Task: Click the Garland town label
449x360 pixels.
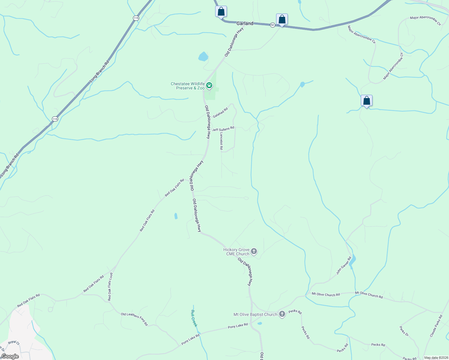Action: (x=245, y=23)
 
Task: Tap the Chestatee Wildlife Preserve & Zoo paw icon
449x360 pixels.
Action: (x=209, y=85)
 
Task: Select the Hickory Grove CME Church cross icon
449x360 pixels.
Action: (x=254, y=251)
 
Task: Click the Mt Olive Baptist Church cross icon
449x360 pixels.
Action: (x=282, y=314)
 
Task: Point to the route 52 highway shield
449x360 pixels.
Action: (x=272, y=25)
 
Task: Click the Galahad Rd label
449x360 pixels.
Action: (x=220, y=113)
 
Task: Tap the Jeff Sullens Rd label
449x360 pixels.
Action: (x=223, y=129)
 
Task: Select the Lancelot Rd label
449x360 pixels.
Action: (x=221, y=141)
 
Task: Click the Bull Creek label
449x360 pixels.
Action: (x=194, y=318)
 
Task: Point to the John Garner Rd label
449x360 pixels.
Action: (x=344, y=265)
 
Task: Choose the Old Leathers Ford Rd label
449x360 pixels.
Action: (x=134, y=319)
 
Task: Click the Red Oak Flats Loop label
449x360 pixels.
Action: (x=110, y=286)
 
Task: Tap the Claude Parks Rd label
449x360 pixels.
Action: (x=436, y=325)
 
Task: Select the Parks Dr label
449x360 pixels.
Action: (x=404, y=331)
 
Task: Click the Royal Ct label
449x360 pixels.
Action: (x=14, y=342)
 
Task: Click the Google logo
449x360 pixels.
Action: (x=10, y=356)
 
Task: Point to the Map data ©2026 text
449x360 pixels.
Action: (x=436, y=358)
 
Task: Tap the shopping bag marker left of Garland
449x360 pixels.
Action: (x=221, y=12)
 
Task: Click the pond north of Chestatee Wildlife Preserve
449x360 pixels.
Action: (x=203, y=56)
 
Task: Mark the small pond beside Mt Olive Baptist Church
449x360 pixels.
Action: (x=260, y=323)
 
